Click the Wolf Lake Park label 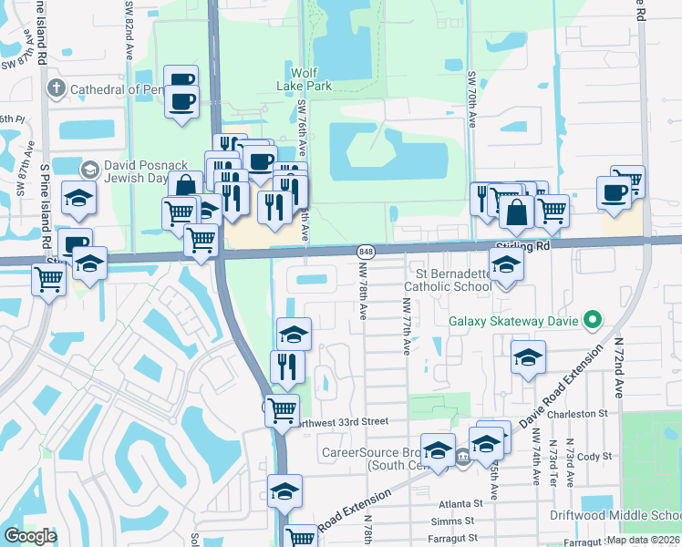pyautogui.click(x=311, y=78)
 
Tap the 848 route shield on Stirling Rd pyautogui.click(x=366, y=251)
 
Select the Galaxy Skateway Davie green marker pyautogui.click(x=592, y=320)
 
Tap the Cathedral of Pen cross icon pyautogui.click(x=57, y=88)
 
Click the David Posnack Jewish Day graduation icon pyautogui.click(x=89, y=170)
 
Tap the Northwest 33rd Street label pyautogui.click(x=340, y=421)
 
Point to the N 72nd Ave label pyautogui.click(x=618, y=364)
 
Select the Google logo pyautogui.click(x=30, y=535)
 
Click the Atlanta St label pyautogui.click(x=460, y=502)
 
